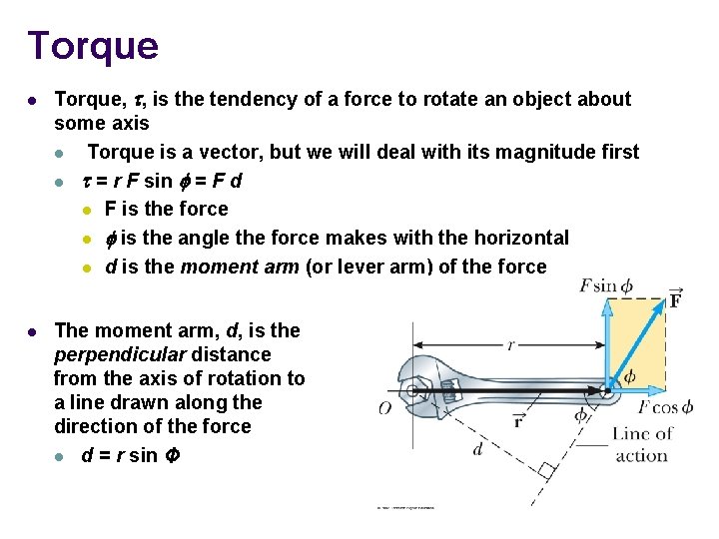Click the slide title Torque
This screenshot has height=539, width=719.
(x=93, y=46)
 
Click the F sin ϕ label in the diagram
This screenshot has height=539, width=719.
(x=605, y=286)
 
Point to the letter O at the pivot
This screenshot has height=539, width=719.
(x=384, y=407)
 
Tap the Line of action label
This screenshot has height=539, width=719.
(x=641, y=444)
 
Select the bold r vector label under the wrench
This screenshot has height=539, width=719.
(x=518, y=420)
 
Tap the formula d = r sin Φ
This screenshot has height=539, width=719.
(x=132, y=456)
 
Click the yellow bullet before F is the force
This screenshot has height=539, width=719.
(x=88, y=210)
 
